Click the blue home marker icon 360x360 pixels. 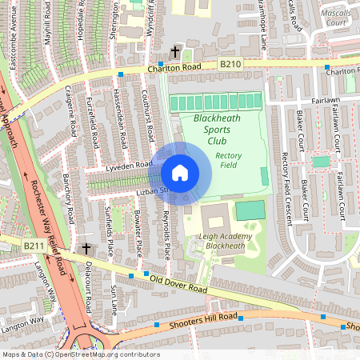pos(180,172)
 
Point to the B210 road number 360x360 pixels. pos(230,62)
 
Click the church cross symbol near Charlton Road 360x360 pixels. pos(175,53)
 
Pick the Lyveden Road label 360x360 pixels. pos(129,166)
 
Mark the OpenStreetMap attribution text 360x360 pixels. pos(80,354)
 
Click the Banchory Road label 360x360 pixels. pos(68,198)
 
